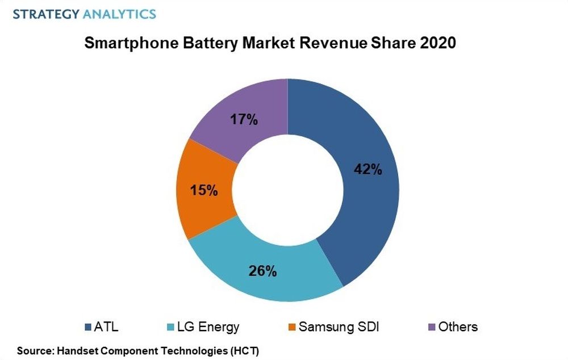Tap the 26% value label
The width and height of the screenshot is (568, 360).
pyautogui.click(x=262, y=271)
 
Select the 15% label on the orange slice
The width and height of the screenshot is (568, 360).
pyautogui.click(x=204, y=190)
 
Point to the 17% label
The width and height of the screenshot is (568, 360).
pyautogui.click(x=244, y=120)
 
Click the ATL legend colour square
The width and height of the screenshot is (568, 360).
pyautogui.click(x=87, y=327)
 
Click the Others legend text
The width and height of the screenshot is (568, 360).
pyautogui.click(x=458, y=326)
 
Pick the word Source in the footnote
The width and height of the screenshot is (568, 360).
pyautogui.click(x=31, y=350)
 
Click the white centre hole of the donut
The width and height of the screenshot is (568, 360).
pyautogui.click(x=287, y=190)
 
